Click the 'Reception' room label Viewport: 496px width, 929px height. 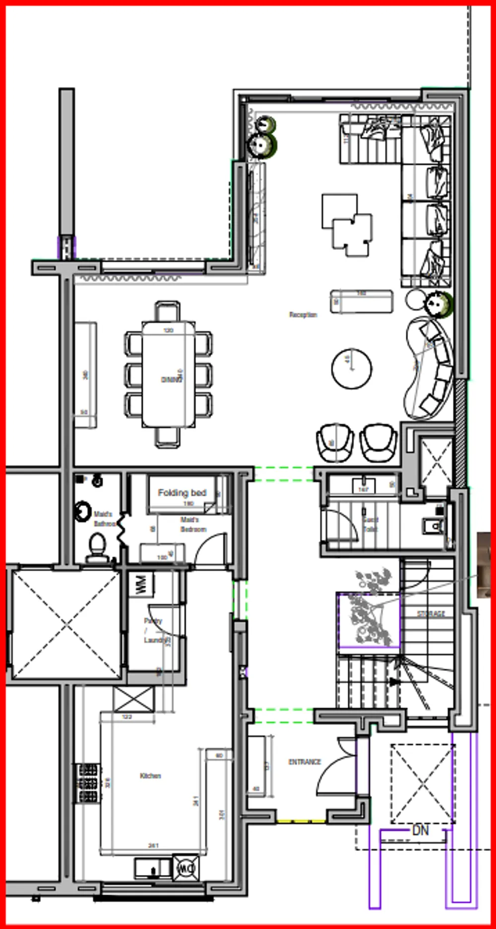(x=303, y=315)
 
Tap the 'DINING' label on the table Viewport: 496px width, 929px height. (x=172, y=380)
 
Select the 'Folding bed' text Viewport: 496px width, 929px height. (x=182, y=493)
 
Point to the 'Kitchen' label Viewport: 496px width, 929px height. (x=150, y=776)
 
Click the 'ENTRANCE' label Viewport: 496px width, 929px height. (x=305, y=762)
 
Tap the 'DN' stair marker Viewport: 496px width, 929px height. (x=420, y=830)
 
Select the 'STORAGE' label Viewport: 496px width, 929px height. (x=431, y=614)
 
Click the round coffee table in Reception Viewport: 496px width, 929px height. (x=352, y=368)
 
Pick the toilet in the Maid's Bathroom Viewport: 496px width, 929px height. (x=97, y=546)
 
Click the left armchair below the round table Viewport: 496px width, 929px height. (x=335, y=441)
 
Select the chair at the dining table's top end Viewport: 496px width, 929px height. (x=168, y=311)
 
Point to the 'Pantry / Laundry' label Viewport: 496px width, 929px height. (x=154, y=630)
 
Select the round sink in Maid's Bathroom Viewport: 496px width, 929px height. (x=83, y=512)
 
